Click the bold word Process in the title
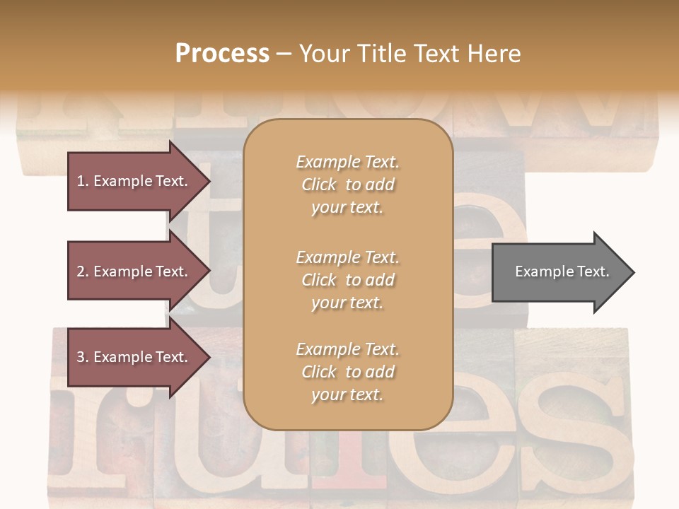[222, 54]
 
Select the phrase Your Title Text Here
[410, 54]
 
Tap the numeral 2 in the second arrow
[81, 271]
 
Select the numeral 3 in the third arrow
[81, 357]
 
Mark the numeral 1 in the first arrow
[81, 181]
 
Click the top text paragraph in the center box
[347, 185]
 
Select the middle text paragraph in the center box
[347, 280]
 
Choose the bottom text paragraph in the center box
[347, 372]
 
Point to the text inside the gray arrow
[562, 271]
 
